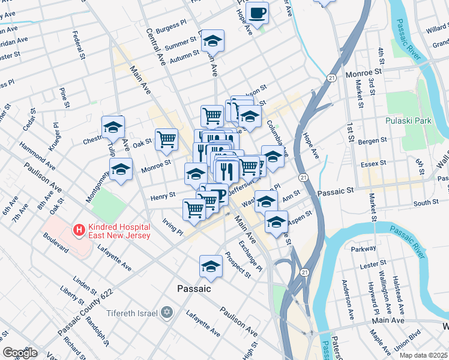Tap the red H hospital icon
(77, 229)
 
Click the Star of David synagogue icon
(167, 313)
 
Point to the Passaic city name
(194, 289)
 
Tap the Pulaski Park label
(410, 121)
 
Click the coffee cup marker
(258, 13)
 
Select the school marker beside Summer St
(212, 41)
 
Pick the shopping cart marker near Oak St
(167, 140)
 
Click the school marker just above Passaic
(211, 266)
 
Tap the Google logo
(20, 353)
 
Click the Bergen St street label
(372, 140)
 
